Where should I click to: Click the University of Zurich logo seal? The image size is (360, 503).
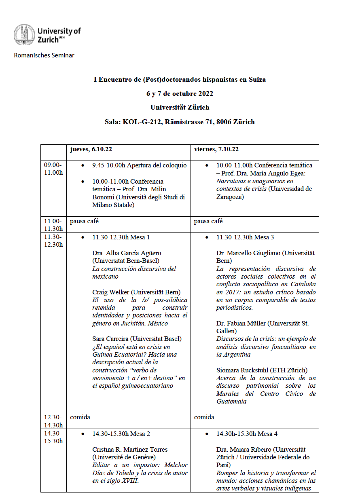point(24,35)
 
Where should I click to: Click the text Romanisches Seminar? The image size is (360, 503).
point(44,55)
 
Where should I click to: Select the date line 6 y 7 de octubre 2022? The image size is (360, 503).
point(180,94)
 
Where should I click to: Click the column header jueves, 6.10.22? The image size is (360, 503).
point(91,149)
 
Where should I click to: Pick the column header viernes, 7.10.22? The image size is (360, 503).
point(216,149)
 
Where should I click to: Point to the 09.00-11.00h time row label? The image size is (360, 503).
point(53,169)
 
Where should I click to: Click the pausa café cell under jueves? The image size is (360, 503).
point(84,221)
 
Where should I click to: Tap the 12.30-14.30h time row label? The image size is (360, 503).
point(53,421)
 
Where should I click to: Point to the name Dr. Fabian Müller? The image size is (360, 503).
point(241,323)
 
